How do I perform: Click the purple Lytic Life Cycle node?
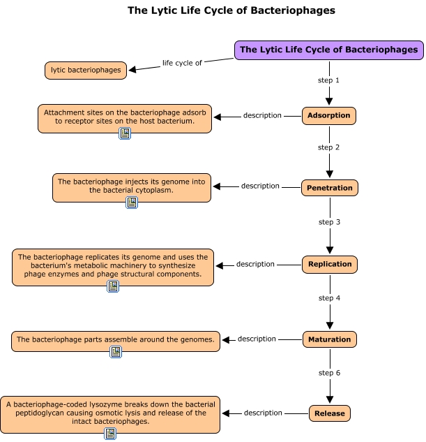[x=328, y=50]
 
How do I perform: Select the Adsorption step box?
[x=328, y=116]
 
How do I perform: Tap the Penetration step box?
[x=330, y=188]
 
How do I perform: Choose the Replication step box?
[x=330, y=265]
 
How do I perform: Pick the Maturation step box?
[x=330, y=339]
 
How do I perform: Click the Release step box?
[x=330, y=413]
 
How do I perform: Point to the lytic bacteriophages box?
[x=86, y=71]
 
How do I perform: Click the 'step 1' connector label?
[x=328, y=80]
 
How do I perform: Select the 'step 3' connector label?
[x=329, y=222]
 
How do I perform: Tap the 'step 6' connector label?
[x=329, y=373]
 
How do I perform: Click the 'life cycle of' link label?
[x=182, y=63]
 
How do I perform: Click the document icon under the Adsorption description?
[x=125, y=133]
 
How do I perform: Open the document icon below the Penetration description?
[x=131, y=202]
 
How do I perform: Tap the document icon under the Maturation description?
[x=115, y=352]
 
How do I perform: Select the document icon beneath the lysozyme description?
[x=110, y=434]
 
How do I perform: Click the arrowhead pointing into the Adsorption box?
[x=329, y=101]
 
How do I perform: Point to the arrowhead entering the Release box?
[x=330, y=399]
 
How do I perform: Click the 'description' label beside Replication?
[x=255, y=264]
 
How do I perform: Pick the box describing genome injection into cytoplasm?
[x=132, y=187]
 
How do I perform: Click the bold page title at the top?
[x=231, y=10]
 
